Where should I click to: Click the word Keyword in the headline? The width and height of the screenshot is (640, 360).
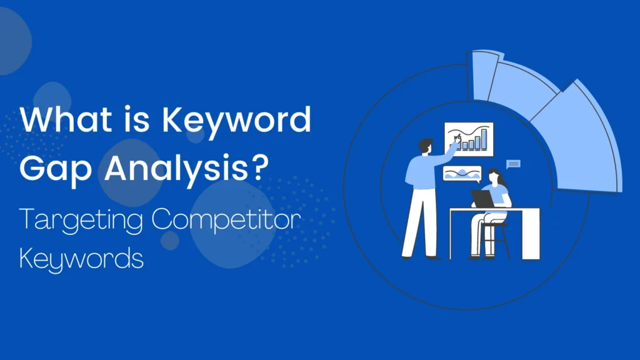[237, 120]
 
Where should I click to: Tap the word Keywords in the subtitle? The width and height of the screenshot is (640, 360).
[81, 257]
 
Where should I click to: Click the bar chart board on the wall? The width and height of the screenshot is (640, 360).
[469, 139]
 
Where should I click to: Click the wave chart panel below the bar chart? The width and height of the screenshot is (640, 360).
[462, 173]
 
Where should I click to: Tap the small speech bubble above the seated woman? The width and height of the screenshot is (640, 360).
[514, 164]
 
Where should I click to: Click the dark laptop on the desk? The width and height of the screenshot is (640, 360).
[482, 199]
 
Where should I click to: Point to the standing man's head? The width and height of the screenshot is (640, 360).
[424, 146]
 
